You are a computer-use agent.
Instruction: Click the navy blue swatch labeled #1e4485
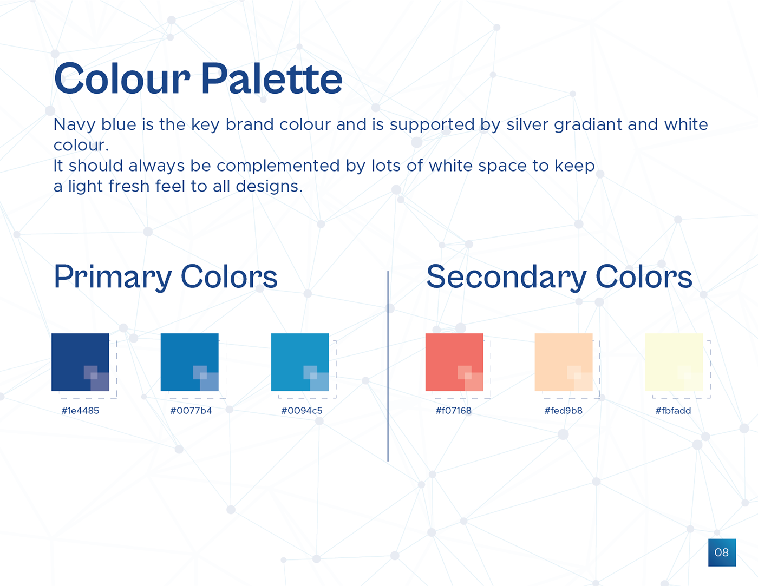pyautogui.click(x=80, y=362)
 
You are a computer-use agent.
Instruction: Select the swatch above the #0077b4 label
pyautogui.click(x=190, y=362)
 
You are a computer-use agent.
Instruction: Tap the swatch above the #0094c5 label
pyautogui.click(x=299, y=362)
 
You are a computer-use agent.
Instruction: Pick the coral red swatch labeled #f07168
pyautogui.click(x=454, y=362)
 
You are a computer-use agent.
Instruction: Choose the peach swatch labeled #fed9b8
pyautogui.click(x=563, y=362)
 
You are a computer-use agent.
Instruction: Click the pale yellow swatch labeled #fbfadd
pyautogui.click(x=674, y=362)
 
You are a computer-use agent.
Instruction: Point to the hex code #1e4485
pyautogui.click(x=80, y=411)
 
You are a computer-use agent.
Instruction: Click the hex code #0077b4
pyautogui.click(x=191, y=411)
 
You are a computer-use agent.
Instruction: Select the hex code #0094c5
pyautogui.click(x=302, y=411)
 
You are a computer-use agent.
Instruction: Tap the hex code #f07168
pyautogui.click(x=454, y=411)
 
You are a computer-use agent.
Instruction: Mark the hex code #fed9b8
pyautogui.click(x=563, y=411)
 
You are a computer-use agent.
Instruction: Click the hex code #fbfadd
pyautogui.click(x=673, y=411)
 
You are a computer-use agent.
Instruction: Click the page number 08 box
pyautogui.click(x=722, y=552)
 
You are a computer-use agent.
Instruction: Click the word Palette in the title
pyautogui.click(x=272, y=78)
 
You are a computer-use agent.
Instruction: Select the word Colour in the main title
pyautogui.click(x=122, y=78)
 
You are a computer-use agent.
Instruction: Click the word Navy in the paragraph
pyautogui.click(x=74, y=125)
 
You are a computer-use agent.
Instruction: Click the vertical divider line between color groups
pyautogui.click(x=388, y=366)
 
